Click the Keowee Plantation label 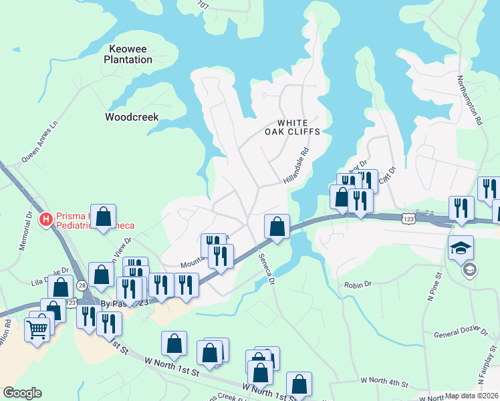(x=128, y=54)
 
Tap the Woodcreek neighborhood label (x=132, y=117)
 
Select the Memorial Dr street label (x=26, y=231)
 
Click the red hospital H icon (x=46, y=219)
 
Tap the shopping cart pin (x=37, y=328)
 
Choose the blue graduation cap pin (x=461, y=248)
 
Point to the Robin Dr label (x=358, y=285)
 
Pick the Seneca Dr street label (x=267, y=271)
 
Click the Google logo (x=22, y=393)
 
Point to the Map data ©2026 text (x=472, y=396)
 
